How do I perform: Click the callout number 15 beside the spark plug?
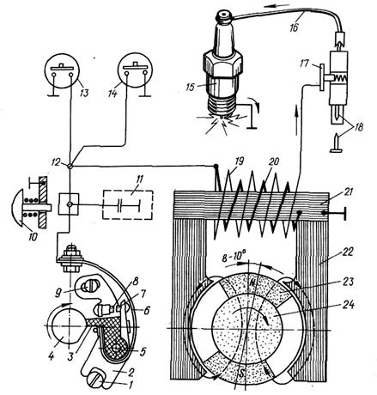tap(191, 87)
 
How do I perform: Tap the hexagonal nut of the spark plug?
tap(222, 65)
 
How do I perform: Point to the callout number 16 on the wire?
tap(295, 27)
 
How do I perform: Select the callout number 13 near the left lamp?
tap(84, 93)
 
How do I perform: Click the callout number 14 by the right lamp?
tap(112, 93)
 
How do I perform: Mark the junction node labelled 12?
tap(70, 166)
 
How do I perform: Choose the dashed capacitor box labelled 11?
tap(128, 205)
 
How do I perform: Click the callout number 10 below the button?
tap(33, 236)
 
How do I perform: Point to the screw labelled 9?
tap(86, 285)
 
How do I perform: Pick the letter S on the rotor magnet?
tap(242, 373)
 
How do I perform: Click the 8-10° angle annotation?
tap(234, 255)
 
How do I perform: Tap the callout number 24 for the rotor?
tap(348, 304)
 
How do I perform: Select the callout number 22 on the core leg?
tap(348, 252)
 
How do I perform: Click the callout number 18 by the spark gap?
tap(357, 126)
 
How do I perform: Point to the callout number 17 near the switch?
tap(305, 64)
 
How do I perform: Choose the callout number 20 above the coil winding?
tap(274, 161)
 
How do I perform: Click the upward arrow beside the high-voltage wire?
tap(297, 120)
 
